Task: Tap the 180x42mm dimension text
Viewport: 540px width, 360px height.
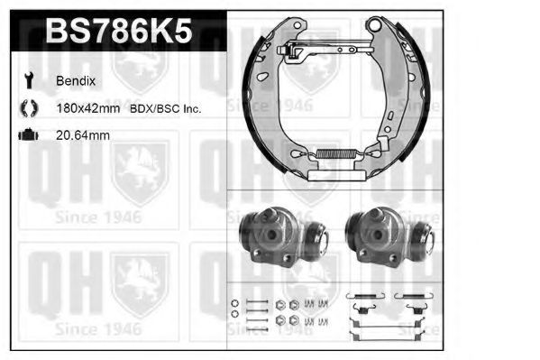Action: click(94, 109)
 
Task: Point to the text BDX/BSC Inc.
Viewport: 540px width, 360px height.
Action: click(168, 109)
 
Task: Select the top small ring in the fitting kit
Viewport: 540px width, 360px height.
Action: click(234, 302)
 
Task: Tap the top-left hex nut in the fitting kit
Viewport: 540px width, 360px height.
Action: click(280, 303)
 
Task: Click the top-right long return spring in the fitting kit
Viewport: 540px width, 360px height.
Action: click(416, 297)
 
